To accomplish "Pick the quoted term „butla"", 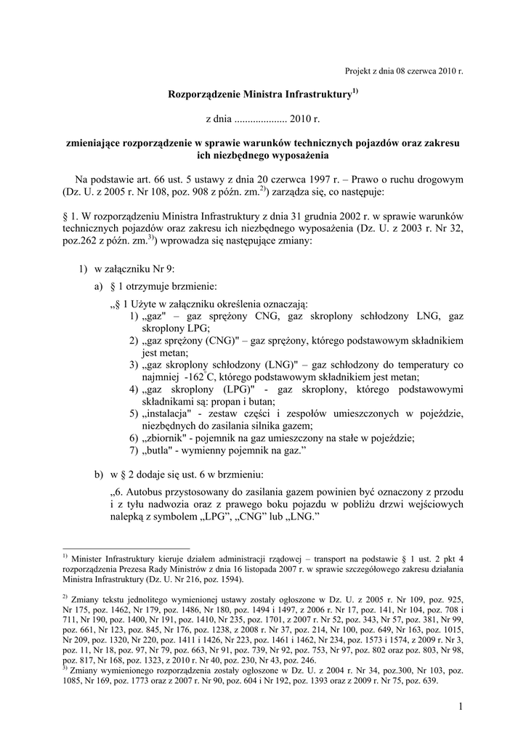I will point(157,451).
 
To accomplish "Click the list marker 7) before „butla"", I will point(134,451).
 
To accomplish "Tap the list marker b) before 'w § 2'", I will point(99,475).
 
